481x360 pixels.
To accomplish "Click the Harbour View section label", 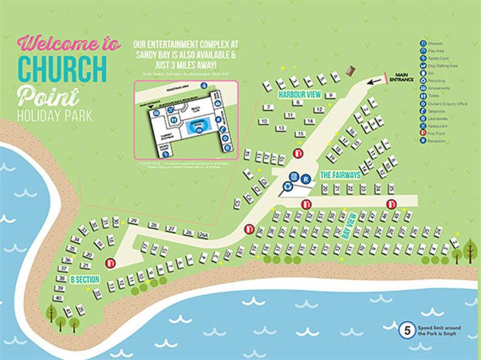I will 300,95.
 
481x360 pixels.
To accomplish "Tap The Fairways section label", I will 340,175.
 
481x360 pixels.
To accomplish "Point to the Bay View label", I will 349,224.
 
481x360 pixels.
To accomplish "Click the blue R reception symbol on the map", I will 307,178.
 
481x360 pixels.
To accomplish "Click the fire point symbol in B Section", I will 110,263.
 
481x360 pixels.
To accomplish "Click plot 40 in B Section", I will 59,298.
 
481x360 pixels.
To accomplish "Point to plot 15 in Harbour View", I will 299,134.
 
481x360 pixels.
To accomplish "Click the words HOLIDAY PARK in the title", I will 55,116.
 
